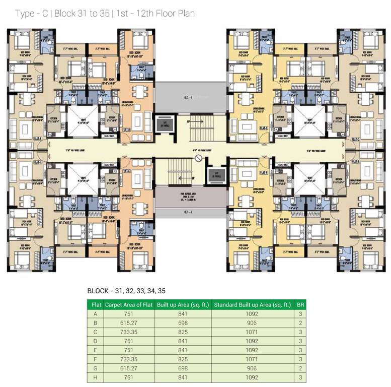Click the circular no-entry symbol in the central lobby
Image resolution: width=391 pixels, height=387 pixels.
(x=198, y=159)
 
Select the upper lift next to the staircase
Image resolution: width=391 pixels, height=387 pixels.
(x=165, y=123)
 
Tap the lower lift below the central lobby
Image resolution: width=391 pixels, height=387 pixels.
(x=217, y=176)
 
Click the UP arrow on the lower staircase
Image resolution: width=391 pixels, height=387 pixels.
(x=192, y=178)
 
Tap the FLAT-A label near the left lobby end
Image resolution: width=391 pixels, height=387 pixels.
(x=37, y=138)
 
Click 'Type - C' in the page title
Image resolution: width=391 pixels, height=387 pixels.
(x=31, y=14)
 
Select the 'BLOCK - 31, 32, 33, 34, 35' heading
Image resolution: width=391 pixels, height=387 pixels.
(x=126, y=291)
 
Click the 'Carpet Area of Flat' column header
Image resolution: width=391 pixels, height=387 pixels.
(x=129, y=305)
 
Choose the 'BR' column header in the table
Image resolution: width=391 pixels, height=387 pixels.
(x=300, y=305)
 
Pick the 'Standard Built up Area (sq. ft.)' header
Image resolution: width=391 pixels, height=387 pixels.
(x=253, y=305)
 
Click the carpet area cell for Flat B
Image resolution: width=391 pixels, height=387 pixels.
(x=129, y=322)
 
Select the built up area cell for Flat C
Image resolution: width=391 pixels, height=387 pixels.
(x=182, y=332)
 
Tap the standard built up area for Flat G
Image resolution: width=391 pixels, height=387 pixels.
(x=253, y=369)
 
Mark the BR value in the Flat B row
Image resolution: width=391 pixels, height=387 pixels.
(x=300, y=322)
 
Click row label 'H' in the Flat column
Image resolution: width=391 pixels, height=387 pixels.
(x=95, y=378)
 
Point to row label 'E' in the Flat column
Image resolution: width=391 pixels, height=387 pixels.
(x=95, y=350)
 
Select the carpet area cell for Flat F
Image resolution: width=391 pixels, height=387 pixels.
(x=129, y=359)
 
